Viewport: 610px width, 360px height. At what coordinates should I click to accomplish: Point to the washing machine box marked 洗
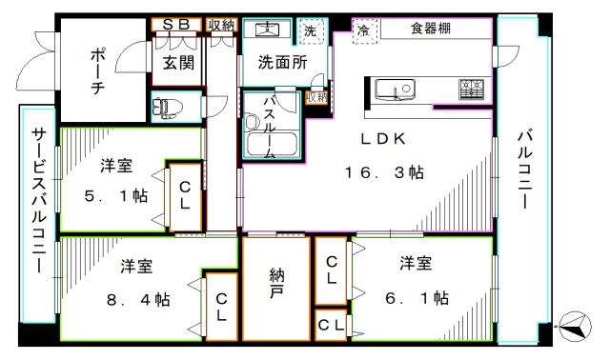tap(310, 30)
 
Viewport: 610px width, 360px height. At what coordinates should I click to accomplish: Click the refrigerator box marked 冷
tap(363, 30)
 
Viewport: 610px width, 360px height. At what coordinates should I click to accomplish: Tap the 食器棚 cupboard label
tap(431, 30)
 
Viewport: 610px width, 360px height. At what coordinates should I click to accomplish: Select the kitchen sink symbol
tap(395, 90)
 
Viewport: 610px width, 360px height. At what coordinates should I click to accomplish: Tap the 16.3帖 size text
tap(384, 173)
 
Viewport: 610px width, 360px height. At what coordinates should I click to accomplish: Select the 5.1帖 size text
tap(114, 195)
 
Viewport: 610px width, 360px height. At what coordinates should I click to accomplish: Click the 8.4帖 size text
tap(138, 299)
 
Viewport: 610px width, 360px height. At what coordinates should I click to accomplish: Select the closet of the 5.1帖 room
tap(184, 196)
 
